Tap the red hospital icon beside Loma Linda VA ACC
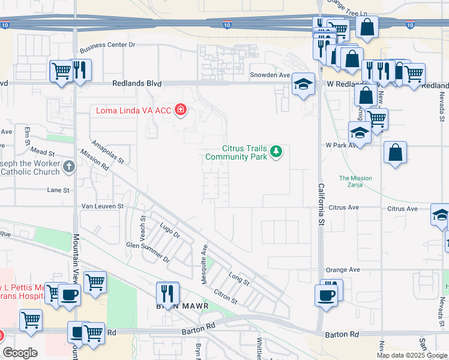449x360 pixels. (x=180, y=110)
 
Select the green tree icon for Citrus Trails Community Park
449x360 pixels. (x=276, y=151)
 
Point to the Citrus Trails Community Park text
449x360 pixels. (x=244, y=152)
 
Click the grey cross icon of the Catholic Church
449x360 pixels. (x=69, y=166)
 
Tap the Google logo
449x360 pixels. (x=20, y=353)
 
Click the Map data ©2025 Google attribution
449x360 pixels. (x=412, y=355)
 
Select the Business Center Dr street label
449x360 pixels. (x=108, y=44)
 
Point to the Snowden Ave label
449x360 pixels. (x=270, y=75)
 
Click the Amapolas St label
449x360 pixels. (x=107, y=152)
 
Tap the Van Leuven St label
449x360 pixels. (x=102, y=206)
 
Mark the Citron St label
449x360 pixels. (x=226, y=296)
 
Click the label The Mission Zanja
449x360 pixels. (x=355, y=181)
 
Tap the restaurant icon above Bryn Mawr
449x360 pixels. (x=168, y=293)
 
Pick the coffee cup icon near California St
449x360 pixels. (x=327, y=295)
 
